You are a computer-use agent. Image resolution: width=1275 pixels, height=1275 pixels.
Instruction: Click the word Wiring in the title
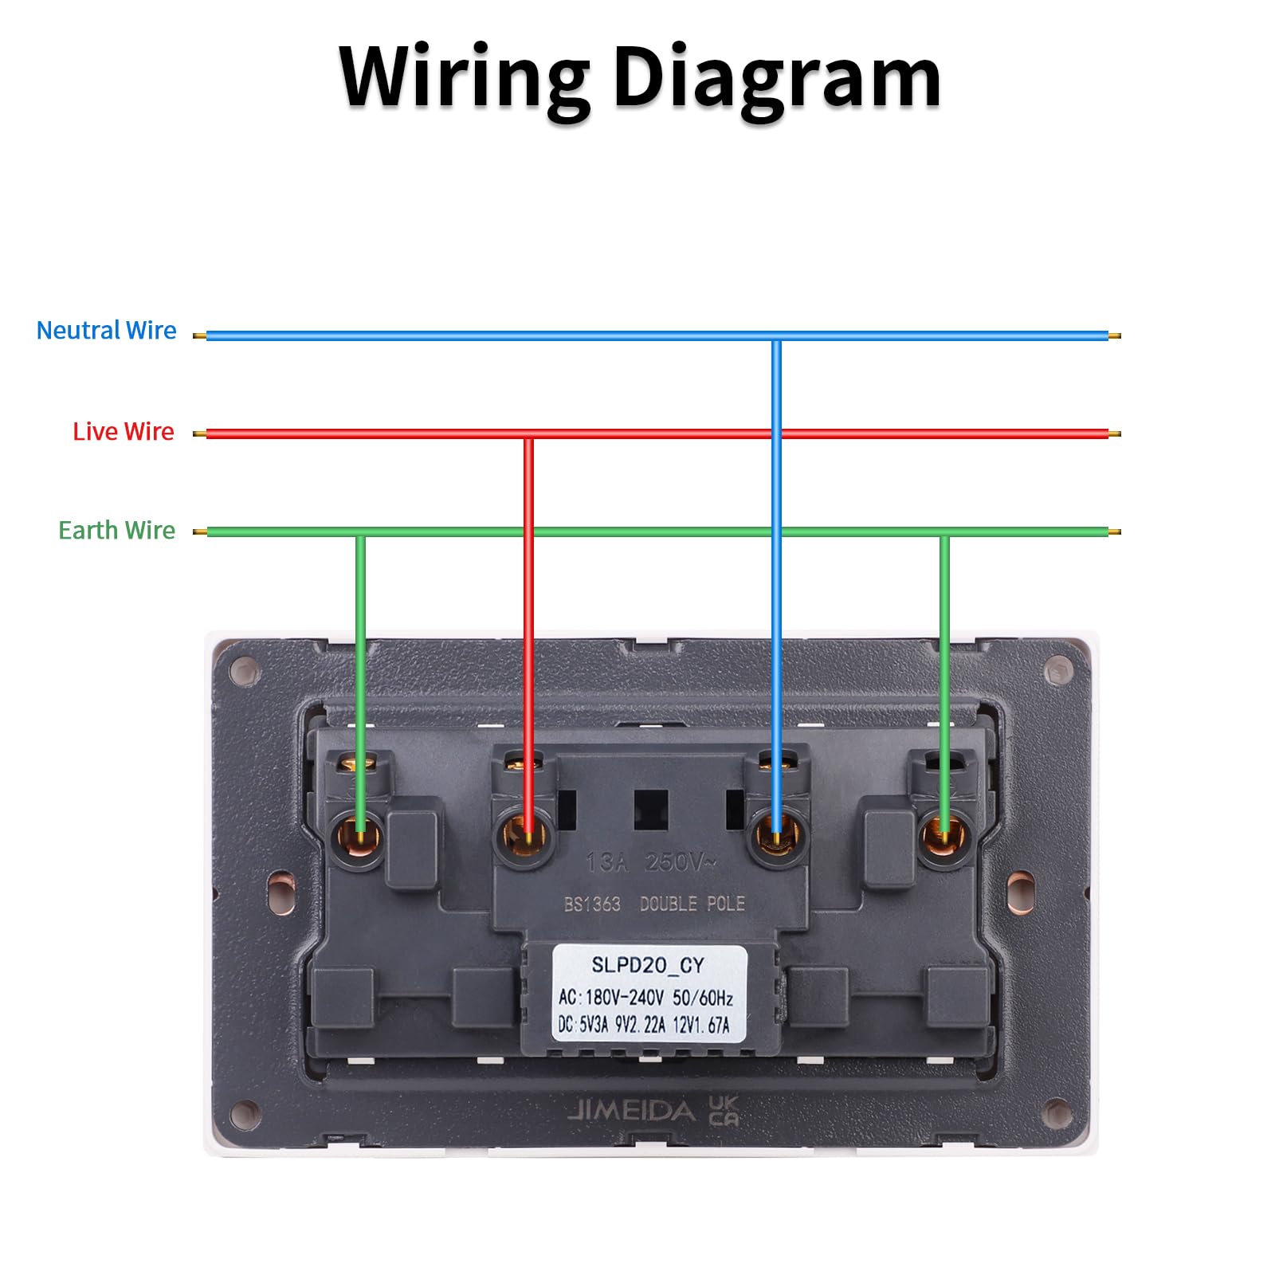(x=464, y=78)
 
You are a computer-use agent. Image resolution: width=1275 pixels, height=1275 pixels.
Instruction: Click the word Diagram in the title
(x=777, y=80)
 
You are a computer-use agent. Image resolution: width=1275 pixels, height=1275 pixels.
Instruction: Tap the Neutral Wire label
(x=106, y=330)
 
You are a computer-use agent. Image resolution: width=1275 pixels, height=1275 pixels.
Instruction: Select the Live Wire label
(x=123, y=431)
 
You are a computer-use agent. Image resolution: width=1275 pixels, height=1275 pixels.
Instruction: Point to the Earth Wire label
(x=116, y=530)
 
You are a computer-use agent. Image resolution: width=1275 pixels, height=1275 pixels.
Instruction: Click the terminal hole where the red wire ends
(x=527, y=837)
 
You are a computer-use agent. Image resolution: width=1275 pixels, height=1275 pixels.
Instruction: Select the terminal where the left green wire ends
(x=359, y=838)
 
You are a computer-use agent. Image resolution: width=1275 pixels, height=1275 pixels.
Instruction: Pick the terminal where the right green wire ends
(x=944, y=837)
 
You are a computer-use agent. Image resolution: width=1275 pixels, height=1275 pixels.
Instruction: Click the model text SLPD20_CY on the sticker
(x=647, y=965)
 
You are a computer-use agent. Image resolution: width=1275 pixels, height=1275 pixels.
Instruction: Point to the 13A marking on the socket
(x=606, y=862)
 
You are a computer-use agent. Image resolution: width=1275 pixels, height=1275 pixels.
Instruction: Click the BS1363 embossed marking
(x=592, y=904)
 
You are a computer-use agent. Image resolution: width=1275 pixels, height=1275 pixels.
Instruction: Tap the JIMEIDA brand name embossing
(x=631, y=1110)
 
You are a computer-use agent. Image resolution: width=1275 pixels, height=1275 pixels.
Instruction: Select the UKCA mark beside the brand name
(x=724, y=1110)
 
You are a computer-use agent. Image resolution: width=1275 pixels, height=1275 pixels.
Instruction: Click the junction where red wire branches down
(x=528, y=434)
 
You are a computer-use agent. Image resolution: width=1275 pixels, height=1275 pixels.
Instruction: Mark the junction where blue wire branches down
(x=776, y=336)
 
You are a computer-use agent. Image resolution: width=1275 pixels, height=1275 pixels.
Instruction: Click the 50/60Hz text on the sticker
(x=703, y=997)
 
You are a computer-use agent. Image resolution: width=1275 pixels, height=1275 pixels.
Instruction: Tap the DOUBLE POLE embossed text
(x=692, y=904)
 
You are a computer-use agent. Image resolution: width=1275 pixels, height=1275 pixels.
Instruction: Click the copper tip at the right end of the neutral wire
(x=1115, y=336)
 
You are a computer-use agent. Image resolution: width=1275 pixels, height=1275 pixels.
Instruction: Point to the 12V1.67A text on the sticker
(x=701, y=1025)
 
